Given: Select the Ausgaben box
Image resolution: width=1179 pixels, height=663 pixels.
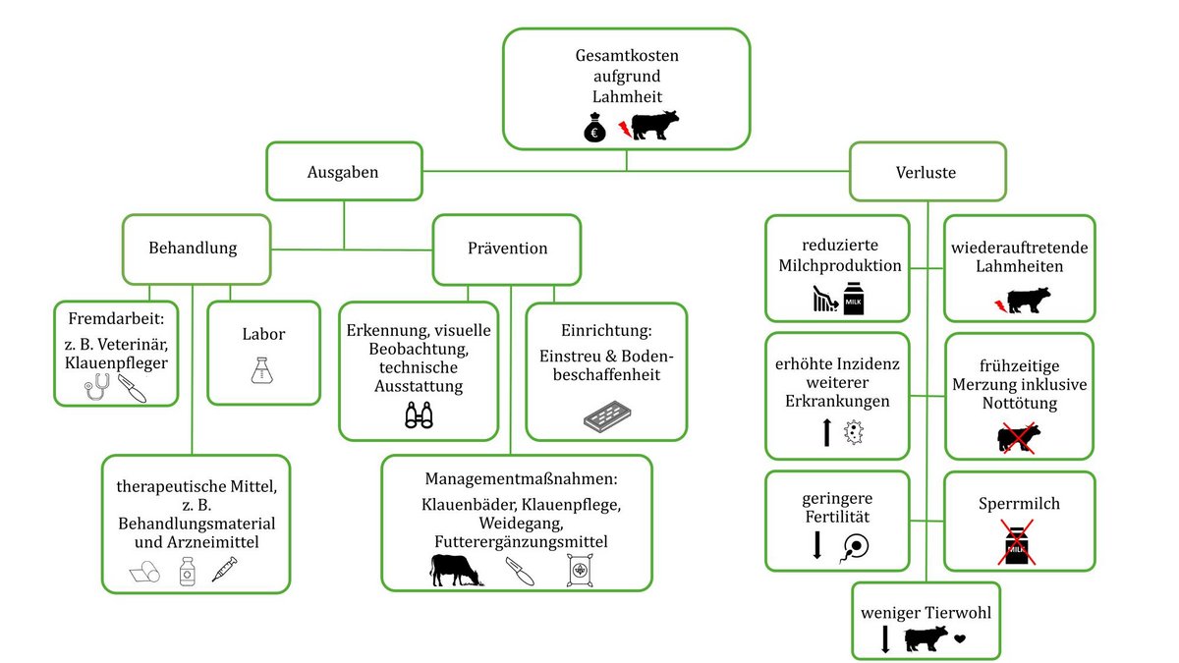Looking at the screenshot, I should pyautogui.click(x=343, y=172).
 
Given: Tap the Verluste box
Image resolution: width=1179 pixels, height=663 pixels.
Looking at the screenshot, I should pyautogui.click(x=926, y=172).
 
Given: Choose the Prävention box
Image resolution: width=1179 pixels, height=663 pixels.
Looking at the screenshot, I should pyautogui.click(x=507, y=248).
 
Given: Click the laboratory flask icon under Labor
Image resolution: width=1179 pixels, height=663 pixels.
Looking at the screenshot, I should pyautogui.click(x=262, y=371).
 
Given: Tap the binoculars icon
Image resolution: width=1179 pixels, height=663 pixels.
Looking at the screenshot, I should pyautogui.click(x=419, y=416).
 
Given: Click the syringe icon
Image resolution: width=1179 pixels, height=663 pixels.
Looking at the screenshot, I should pyautogui.click(x=225, y=569).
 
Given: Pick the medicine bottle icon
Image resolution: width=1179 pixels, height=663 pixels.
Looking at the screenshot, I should pyautogui.click(x=187, y=570).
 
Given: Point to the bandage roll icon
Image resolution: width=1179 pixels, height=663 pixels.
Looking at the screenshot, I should pyautogui.click(x=144, y=571).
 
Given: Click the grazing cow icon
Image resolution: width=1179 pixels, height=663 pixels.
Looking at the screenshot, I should pyautogui.click(x=456, y=570).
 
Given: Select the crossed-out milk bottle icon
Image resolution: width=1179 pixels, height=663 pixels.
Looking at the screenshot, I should pyautogui.click(x=1019, y=543).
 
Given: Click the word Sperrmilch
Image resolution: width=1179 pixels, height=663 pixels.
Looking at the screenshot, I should pyautogui.click(x=1019, y=504).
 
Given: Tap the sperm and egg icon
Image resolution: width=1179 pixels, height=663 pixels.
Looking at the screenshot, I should pyautogui.click(x=854, y=545).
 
